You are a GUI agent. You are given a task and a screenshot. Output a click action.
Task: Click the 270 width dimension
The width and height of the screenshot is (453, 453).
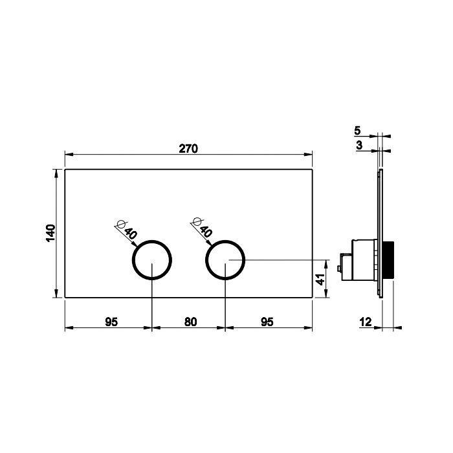tap(188, 148)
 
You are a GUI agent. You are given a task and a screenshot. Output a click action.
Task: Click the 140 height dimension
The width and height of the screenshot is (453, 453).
tap(51, 233)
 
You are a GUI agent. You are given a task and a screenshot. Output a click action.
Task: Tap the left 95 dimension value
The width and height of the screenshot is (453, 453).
tap(111, 322)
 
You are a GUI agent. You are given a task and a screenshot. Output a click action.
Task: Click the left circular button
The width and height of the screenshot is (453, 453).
tap(153, 260)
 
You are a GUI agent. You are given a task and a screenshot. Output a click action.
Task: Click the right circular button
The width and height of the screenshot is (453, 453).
tap(225, 260)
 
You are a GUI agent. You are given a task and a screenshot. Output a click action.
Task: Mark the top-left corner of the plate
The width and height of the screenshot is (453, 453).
tap(65, 170)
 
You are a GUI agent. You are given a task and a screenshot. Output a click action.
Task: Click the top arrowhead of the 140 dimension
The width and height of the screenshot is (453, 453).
tap(58, 172)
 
